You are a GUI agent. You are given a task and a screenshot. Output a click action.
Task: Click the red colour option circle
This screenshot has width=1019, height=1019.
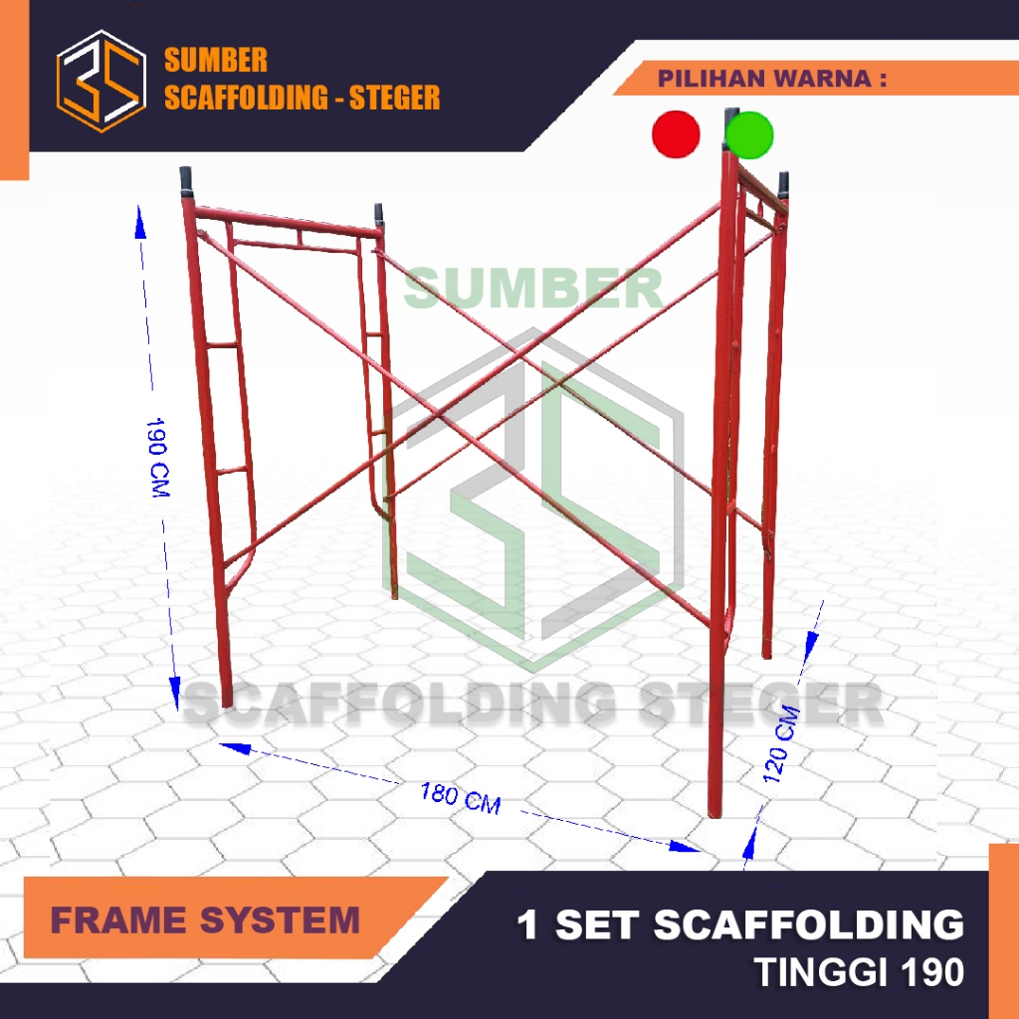coord(676,134)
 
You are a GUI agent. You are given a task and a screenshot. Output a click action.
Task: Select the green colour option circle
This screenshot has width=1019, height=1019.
coord(749,134)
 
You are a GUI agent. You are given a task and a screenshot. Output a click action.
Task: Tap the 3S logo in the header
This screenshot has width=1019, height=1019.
coord(101,81)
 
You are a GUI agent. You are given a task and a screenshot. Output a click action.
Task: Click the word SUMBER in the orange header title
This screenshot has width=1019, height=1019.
coord(216,61)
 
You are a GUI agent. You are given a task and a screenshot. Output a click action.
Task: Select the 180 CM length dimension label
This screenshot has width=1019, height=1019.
coord(460,798)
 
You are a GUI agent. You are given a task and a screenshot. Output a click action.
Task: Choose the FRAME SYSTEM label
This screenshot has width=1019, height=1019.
coord(205,919)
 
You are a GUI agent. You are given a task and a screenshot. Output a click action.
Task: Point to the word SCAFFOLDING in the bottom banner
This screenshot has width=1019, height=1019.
coord(809,924)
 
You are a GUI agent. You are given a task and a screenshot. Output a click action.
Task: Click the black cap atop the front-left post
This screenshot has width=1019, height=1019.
coord(186,181)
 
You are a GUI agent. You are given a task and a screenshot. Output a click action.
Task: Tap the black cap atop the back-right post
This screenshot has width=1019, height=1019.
coord(784,184)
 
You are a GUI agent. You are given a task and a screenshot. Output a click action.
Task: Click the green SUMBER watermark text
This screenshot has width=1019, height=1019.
coord(533,289)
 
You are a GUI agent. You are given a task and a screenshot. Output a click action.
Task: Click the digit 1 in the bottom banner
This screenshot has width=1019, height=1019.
coord(527,924)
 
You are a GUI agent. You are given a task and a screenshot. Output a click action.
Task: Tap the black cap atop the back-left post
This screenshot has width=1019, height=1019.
coord(379,214)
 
